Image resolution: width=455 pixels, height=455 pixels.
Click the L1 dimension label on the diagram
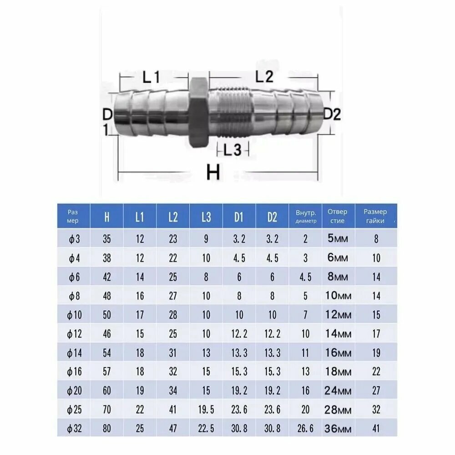pyautogui.click(x=151, y=77)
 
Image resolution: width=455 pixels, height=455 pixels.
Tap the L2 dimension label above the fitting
pyautogui.click(x=264, y=76)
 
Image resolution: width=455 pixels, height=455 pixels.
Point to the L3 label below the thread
pyautogui.click(x=233, y=150)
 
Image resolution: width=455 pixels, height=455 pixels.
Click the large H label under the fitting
pyautogui.click(x=213, y=172)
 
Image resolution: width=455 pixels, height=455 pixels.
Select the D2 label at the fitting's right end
pyautogui.click(x=332, y=114)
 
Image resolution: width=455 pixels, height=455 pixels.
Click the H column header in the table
pyautogui.click(x=107, y=217)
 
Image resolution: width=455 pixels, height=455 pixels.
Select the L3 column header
pyautogui.click(x=206, y=217)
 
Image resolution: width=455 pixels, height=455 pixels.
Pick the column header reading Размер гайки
pyautogui.click(x=375, y=216)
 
